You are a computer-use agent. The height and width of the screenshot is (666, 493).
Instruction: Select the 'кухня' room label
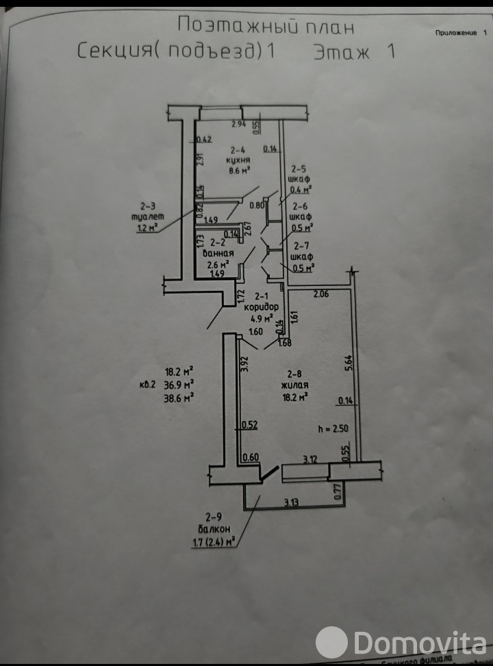(x=238, y=160)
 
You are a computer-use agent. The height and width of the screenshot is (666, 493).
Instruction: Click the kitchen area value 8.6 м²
(x=238, y=170)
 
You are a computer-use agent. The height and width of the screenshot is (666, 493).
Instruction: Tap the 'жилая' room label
(x=295, y=385)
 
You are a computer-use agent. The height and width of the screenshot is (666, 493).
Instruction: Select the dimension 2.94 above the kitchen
(x=238, y=124)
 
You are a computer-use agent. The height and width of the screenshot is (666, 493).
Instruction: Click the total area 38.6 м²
(x=178, y=396)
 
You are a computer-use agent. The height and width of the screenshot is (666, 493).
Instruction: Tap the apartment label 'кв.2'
(x=147, y=384)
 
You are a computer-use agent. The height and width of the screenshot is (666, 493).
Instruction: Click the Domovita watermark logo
(x=400, y=643)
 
